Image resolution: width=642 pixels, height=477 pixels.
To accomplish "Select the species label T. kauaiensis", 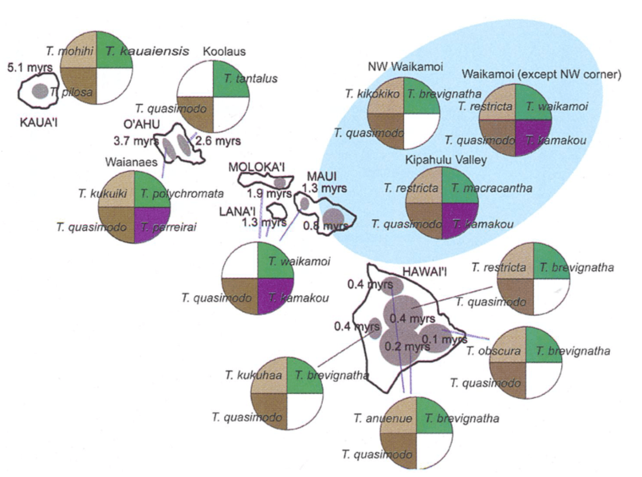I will (x=147, y=51).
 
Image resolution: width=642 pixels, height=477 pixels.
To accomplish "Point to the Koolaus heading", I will (x=224, y=52).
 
